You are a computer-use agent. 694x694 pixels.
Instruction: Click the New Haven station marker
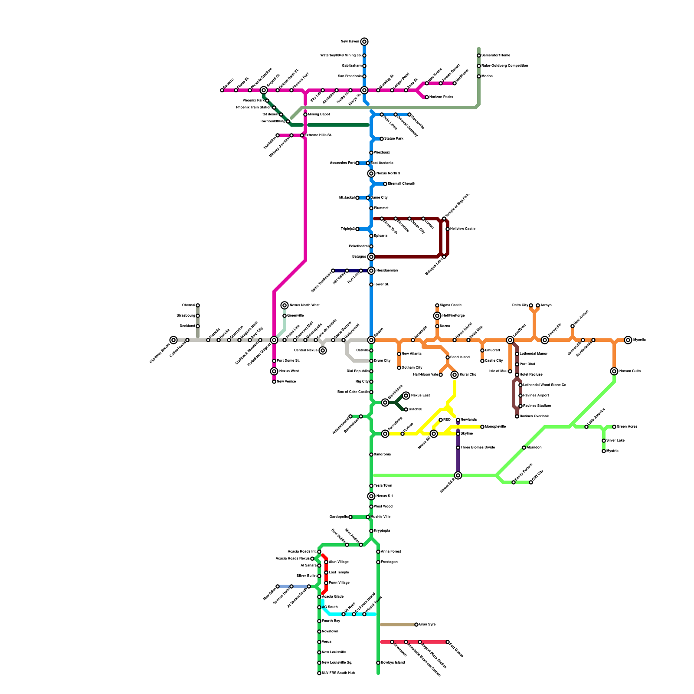pos(364,42)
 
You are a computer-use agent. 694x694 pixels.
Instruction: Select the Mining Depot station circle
pos(305,115)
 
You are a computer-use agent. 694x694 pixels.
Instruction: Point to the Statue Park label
pos(393,139)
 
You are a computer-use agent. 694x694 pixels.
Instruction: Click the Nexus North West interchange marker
pos(285,305)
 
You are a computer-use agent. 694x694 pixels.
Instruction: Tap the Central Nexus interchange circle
pos(323,350)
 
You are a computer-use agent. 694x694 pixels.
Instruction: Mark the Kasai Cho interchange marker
pos(455,375)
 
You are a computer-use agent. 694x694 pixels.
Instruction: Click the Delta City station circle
pos(531,305)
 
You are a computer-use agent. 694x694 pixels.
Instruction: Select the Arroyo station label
pos(546,305)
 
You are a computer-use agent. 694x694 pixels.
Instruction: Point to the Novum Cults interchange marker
pos(614,371)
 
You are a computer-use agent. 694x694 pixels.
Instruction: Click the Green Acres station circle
pos(614,427)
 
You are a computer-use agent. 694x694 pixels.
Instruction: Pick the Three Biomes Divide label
pos(478,448)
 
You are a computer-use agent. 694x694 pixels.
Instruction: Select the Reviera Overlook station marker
pos(517,416)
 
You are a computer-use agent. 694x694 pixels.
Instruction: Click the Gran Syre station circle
pos(416,625)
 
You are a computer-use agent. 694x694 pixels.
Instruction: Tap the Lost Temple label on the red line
pos(339,573)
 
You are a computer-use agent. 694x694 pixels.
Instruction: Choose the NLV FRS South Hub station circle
pos(319,673)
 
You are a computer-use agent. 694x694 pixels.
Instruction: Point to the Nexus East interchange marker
pos(406,396)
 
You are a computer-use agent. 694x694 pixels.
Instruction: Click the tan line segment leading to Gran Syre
pos(397,625)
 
